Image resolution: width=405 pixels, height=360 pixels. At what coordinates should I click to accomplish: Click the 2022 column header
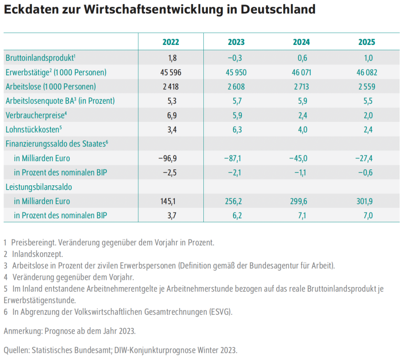coord(171,42)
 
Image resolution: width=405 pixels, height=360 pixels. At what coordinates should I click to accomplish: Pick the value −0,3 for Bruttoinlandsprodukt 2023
coord(236,58)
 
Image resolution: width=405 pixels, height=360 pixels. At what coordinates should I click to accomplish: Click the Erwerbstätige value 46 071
coord(301,72)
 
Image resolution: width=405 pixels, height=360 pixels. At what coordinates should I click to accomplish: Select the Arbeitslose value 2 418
coord(171,86)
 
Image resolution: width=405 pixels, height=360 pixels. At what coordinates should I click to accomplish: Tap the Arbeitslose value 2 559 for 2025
coord(366,86)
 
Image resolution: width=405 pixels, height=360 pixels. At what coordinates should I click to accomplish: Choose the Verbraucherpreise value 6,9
coord(171,115)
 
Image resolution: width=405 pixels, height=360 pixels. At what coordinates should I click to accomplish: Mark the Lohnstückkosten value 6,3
coord(236,129)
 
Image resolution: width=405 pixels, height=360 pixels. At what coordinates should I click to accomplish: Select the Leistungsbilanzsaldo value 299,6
coord(301,201)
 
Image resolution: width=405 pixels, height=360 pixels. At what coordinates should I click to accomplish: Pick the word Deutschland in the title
coord(278,10)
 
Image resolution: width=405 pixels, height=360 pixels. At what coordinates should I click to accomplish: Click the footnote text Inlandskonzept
coord(37,254)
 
